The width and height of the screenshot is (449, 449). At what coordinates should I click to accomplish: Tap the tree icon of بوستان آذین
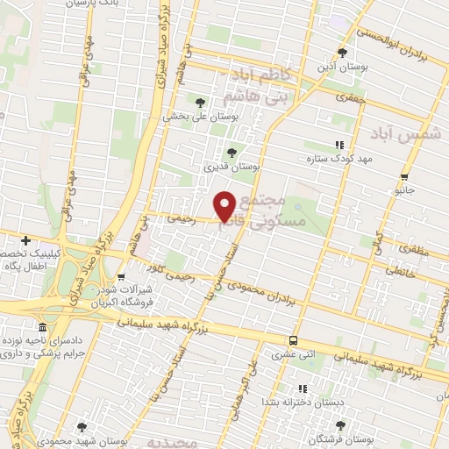click(x=342, y=52)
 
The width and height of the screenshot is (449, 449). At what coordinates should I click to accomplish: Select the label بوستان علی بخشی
click(x=194, y=115)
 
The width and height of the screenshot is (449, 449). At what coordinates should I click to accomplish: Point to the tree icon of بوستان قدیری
click(x=232, y=152)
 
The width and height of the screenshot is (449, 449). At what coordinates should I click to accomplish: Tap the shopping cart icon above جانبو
click(x=404, y=175)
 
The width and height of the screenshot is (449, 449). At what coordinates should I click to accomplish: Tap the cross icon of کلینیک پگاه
click(x=26, y=240)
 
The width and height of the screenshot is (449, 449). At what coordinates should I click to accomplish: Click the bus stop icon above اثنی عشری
click(x=293, y=340)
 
